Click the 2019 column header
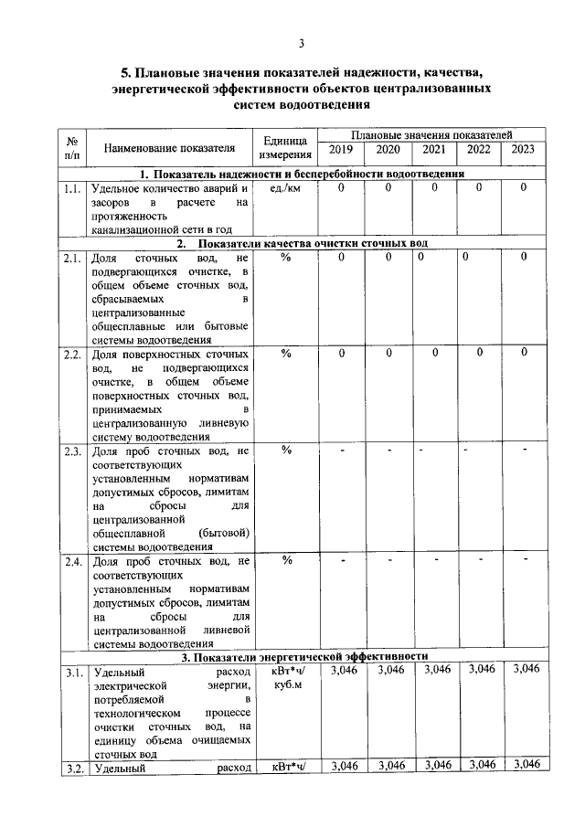(x=340, y=150)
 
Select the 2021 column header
(x=435, y=150)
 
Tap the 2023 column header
(x=523, y=150)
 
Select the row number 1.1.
(x=72, y=188)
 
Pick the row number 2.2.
(x=72, y=354)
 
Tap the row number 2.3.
(x=72, y=451)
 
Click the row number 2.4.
(x=72, y=561)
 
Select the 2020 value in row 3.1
(x=389, y=671)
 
